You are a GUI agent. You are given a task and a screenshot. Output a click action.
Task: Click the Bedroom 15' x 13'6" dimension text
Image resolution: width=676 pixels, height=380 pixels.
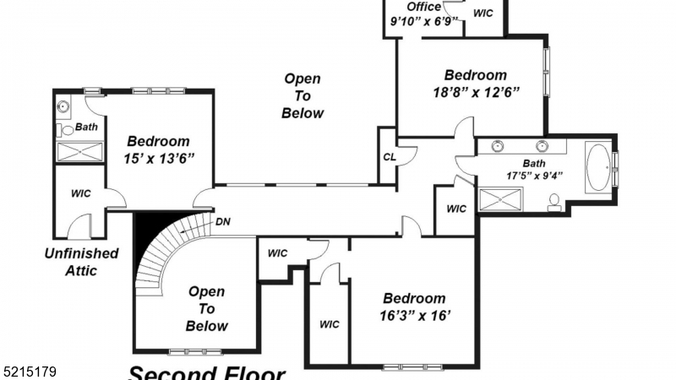(159, 158)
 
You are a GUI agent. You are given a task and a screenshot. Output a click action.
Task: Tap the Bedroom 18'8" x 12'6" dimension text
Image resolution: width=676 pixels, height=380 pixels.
(476, 92)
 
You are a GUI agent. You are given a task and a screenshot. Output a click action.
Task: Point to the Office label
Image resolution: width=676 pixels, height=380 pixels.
(424, 7)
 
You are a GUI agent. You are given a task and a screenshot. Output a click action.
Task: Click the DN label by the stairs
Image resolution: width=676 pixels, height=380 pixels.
(223, 222)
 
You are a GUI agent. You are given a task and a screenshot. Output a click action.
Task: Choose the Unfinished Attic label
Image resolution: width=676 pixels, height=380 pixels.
(82, 262)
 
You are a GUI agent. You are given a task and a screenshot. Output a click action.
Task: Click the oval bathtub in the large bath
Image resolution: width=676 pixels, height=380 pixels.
(598, 167)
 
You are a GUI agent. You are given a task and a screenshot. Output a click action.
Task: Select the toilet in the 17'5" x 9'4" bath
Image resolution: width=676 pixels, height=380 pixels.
(555, 201)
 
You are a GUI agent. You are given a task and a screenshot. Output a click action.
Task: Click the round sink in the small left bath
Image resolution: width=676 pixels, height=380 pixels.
(63, 107)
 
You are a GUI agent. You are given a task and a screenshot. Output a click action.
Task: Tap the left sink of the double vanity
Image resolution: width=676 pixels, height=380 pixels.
(498, 146)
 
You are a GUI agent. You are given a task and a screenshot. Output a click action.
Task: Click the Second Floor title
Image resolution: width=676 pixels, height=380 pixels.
(206, 372)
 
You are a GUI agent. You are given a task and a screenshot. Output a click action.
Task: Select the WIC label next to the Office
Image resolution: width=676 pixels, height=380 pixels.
(484, 14)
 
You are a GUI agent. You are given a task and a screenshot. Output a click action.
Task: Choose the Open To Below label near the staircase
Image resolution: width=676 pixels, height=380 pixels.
(206, 309)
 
